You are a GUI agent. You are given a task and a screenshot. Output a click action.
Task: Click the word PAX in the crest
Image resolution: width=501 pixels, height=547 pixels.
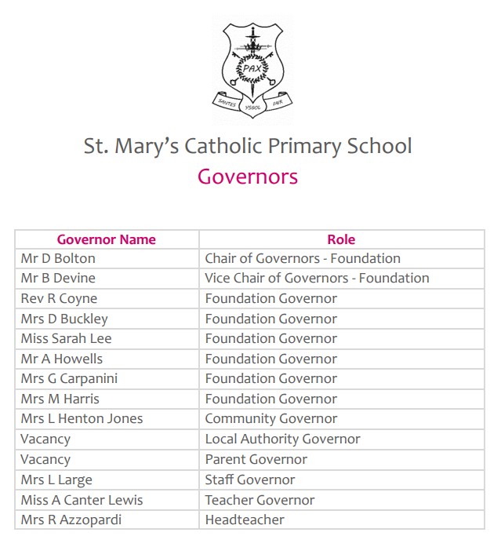coord(251,67)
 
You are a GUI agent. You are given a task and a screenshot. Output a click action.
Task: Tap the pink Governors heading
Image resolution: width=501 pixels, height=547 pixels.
coord(248,176)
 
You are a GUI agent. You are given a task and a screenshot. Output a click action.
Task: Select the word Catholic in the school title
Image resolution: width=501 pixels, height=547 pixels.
coord(267,147)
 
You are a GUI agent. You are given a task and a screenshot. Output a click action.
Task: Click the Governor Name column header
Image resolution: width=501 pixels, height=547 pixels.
coord(107,239)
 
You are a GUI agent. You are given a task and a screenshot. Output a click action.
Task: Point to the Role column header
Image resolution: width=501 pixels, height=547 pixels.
coord(341,239)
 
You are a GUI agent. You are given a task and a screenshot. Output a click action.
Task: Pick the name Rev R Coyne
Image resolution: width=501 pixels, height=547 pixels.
coord(60,298)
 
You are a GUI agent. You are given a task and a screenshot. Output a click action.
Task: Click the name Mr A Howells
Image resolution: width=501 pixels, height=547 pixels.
coord(62,359)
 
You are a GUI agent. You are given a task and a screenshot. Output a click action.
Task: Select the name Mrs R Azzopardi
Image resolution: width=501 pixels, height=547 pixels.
coord(71,520)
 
